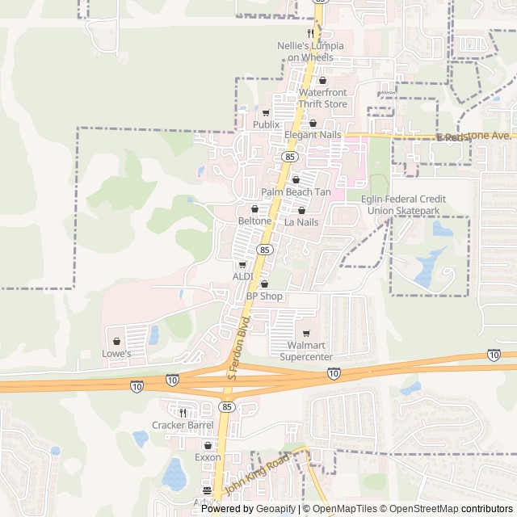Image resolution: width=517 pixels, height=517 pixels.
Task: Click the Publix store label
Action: point(266,125)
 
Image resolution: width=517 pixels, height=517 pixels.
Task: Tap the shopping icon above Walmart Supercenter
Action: point(306,334)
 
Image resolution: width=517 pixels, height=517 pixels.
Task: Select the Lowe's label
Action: point(117,353)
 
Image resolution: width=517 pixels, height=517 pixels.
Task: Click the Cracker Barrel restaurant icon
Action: point(183,413)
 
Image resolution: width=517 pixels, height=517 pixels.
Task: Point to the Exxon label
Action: point(208,457)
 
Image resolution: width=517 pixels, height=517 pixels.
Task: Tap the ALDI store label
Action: point(243,276)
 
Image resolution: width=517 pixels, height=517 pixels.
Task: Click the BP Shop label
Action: point(264,296)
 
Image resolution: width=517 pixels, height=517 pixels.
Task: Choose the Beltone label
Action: point(254,221)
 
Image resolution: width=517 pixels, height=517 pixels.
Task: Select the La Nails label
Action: point(301,221)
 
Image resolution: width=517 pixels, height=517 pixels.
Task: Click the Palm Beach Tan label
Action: point(296,192)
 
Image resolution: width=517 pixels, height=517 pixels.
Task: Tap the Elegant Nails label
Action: point(313,135)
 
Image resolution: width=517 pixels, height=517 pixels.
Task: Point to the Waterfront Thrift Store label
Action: point(322,99)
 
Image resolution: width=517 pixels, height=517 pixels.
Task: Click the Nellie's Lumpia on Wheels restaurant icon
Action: point(309,34)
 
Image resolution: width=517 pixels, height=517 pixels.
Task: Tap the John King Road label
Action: point(257,477)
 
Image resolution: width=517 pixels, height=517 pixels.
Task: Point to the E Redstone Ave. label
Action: point(474,137)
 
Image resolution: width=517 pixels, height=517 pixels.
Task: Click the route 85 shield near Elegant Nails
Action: point(289,156)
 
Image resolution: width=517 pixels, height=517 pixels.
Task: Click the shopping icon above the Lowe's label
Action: point(117,341)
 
